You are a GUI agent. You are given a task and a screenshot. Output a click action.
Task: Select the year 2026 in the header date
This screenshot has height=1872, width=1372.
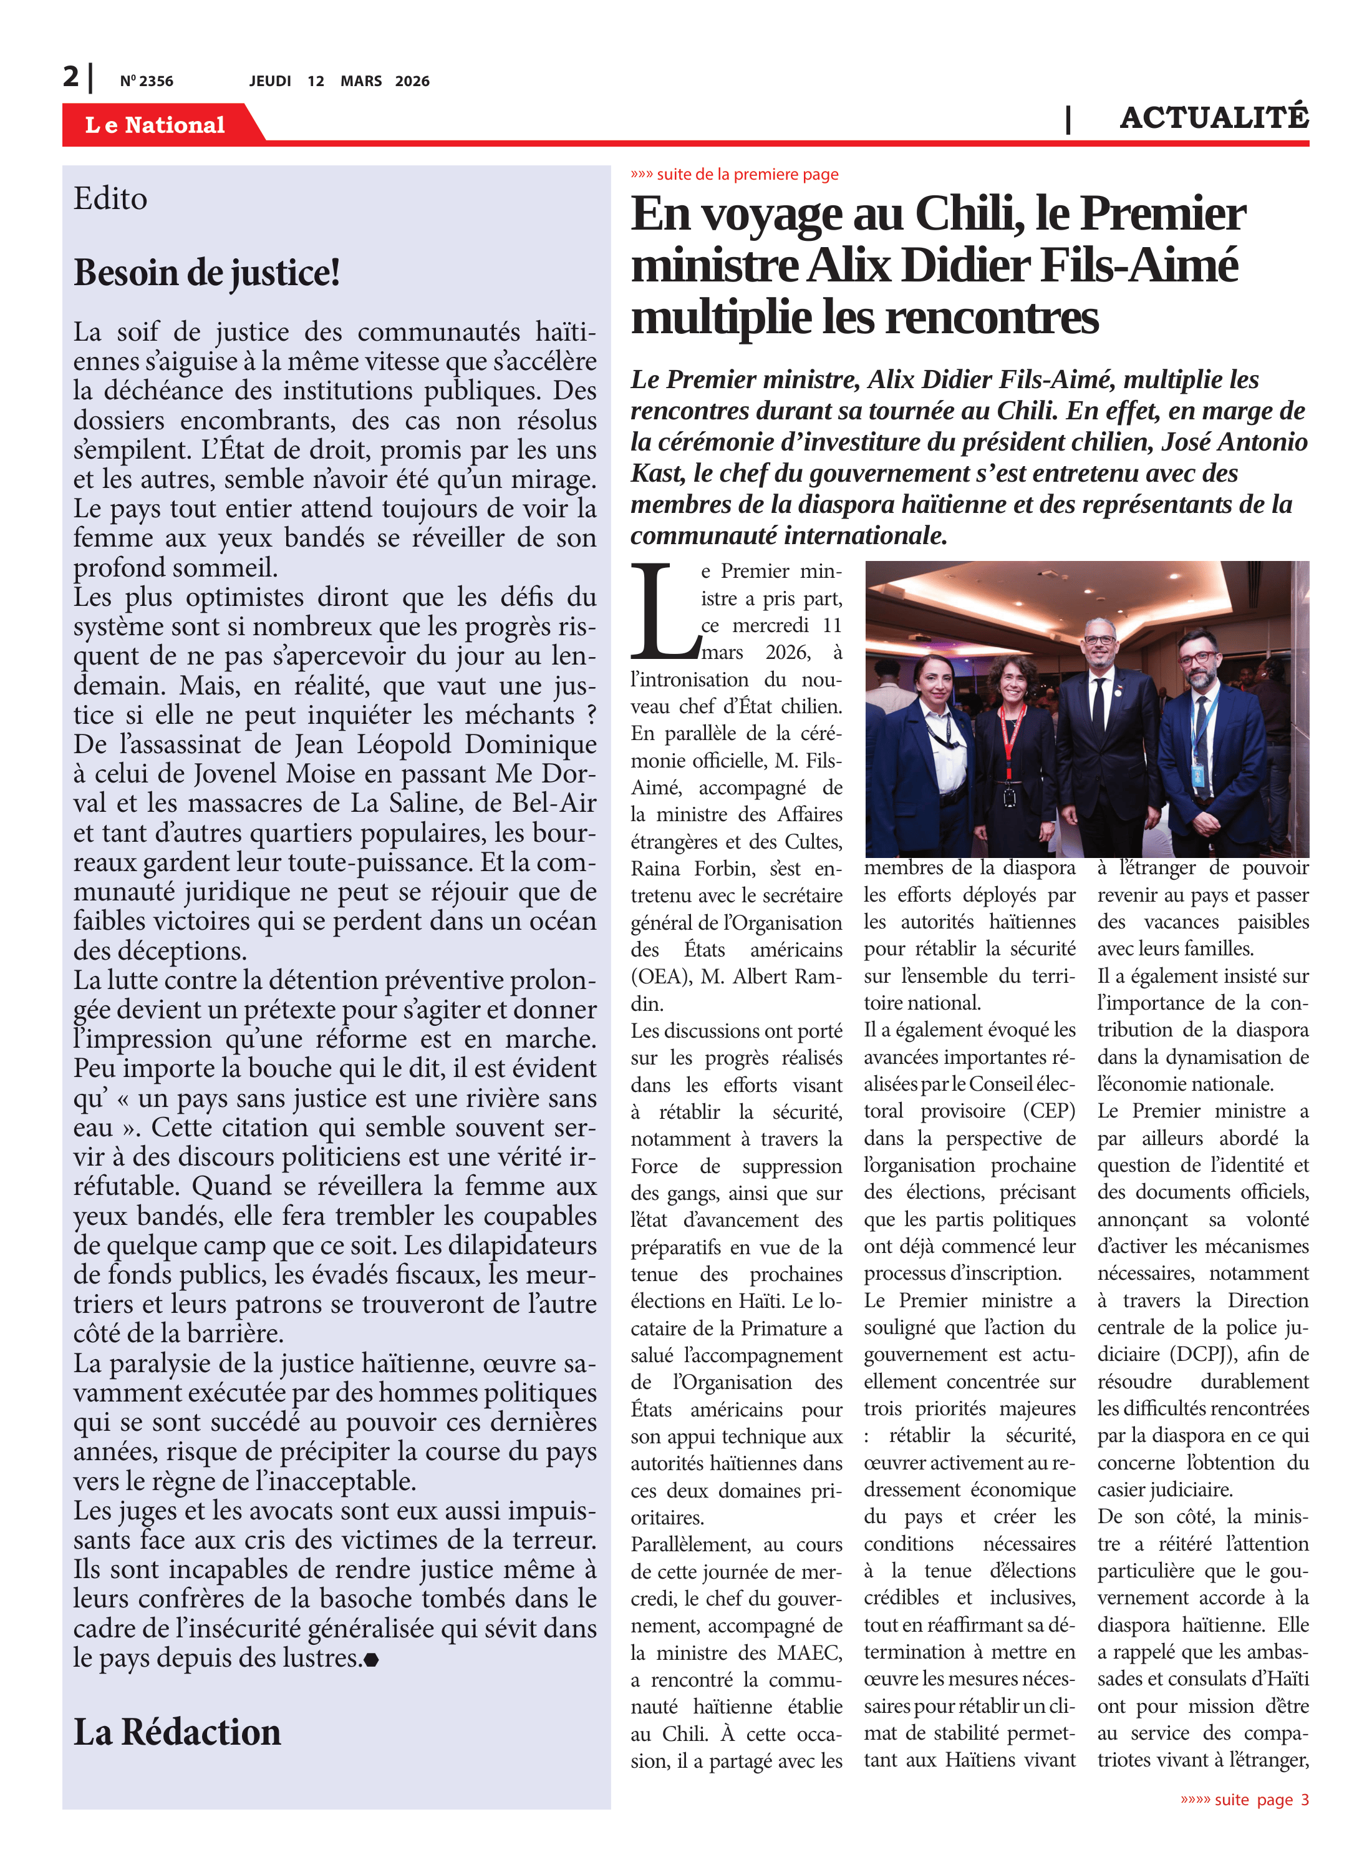412,80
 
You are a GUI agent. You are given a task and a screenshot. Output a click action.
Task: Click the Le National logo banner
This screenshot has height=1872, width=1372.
155,125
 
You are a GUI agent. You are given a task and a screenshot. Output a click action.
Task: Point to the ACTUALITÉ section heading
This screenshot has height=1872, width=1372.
1214,117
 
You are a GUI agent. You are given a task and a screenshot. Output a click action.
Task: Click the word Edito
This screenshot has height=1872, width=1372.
110,198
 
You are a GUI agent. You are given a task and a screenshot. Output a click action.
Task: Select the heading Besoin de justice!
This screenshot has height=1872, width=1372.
207,273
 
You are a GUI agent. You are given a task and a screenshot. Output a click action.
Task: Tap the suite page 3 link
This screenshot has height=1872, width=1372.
1254,1800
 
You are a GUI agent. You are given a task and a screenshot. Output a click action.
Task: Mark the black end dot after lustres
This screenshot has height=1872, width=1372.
371,1660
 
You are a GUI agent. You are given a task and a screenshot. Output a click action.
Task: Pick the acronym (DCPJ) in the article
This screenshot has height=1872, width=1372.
1202,1353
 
